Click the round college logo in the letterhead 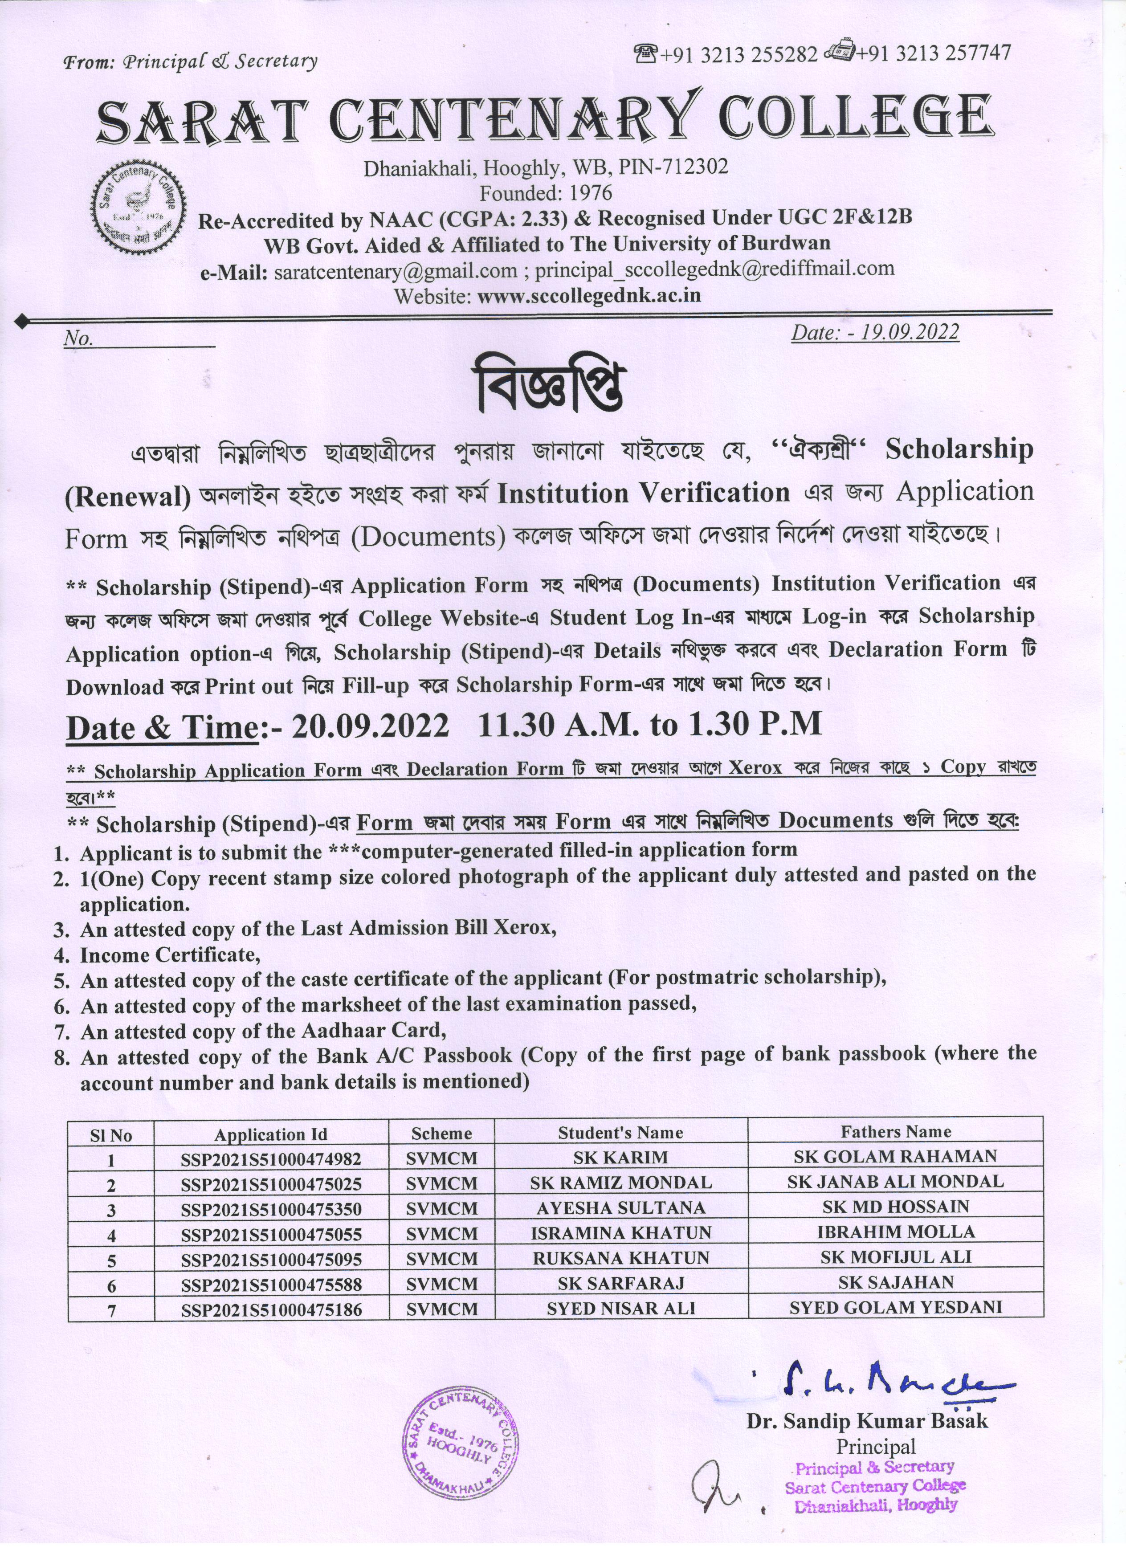click(140, 207)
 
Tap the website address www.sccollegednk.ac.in click(589, 295)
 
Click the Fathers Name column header click(895, 1132)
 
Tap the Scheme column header click(441, 1133)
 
